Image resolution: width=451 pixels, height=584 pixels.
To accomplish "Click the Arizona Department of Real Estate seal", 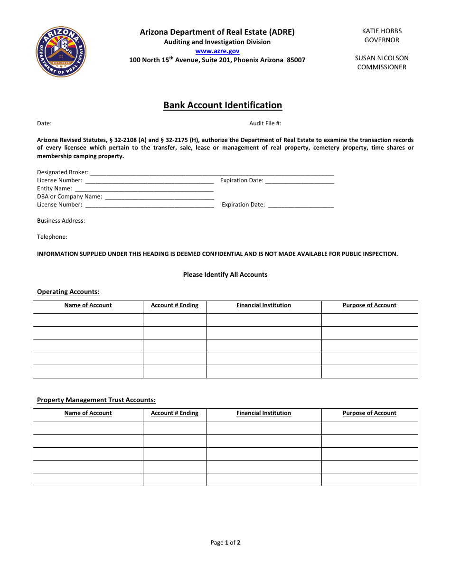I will [61, 52].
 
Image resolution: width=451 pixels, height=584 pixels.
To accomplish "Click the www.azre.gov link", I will [217, 51].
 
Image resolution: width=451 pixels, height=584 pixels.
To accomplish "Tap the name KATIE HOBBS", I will [382, 31].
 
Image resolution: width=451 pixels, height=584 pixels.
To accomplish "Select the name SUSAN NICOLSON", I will [382, 58].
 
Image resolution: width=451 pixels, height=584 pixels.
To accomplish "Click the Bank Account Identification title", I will [223, 105].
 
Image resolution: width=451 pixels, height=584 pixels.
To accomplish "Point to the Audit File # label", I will [265, 123].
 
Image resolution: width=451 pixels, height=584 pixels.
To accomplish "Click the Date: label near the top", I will [44, 123].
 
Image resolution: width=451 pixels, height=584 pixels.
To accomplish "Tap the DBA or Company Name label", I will [69, 197].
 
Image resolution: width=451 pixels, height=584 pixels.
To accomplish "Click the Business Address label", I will [61, 221].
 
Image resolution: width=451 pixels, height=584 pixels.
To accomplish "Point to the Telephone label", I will [52, 237].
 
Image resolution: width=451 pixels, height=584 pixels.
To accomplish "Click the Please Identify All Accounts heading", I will [225, 275].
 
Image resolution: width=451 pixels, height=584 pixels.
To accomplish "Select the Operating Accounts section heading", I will [68, 292].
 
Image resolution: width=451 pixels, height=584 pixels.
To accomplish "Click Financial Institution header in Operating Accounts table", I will [263, 305].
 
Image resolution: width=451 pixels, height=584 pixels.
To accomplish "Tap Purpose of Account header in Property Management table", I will [369, 413].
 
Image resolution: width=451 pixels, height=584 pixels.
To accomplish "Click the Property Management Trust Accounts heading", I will [96, 400].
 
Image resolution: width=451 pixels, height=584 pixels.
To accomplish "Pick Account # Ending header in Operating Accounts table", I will [174, 305].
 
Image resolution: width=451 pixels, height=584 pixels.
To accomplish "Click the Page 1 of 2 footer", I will [225, 543].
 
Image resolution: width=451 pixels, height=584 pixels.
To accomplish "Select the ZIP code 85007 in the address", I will [296, 60].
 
